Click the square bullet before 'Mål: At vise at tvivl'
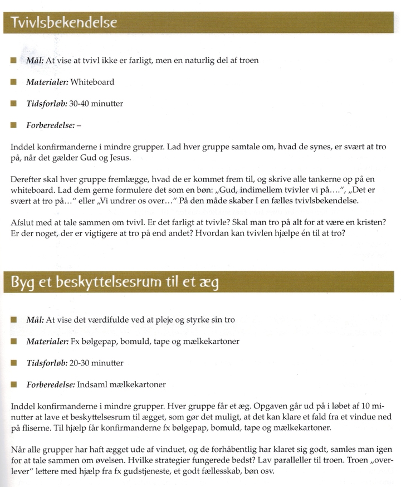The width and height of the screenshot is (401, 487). click(13, 60)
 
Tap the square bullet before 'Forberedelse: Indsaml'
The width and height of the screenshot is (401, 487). click(13, 384)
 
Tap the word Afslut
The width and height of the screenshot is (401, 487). click(22, 222)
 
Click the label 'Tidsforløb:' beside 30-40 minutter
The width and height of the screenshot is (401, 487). click(45, 104)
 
